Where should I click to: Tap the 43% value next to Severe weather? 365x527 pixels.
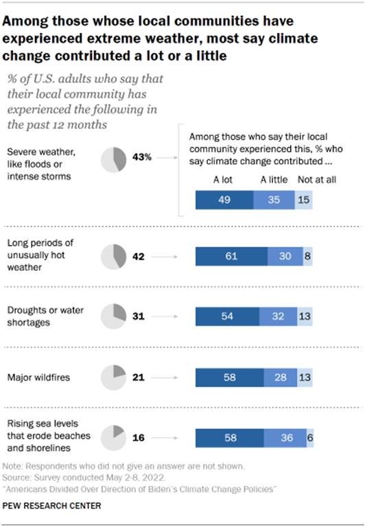(x=143, y=158)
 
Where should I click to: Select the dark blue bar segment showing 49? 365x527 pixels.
(x=224, y=200)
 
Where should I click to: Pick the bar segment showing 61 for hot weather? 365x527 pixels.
(x=231, y=256)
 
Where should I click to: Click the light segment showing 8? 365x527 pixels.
(x=308, y=256)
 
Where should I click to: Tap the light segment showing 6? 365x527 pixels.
(x=310, y=437)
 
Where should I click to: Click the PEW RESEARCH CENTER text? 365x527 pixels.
(x=51, y=506)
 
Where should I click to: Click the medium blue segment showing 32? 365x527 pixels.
(x=278, y=316)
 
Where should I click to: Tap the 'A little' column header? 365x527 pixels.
(x=273, y=180)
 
